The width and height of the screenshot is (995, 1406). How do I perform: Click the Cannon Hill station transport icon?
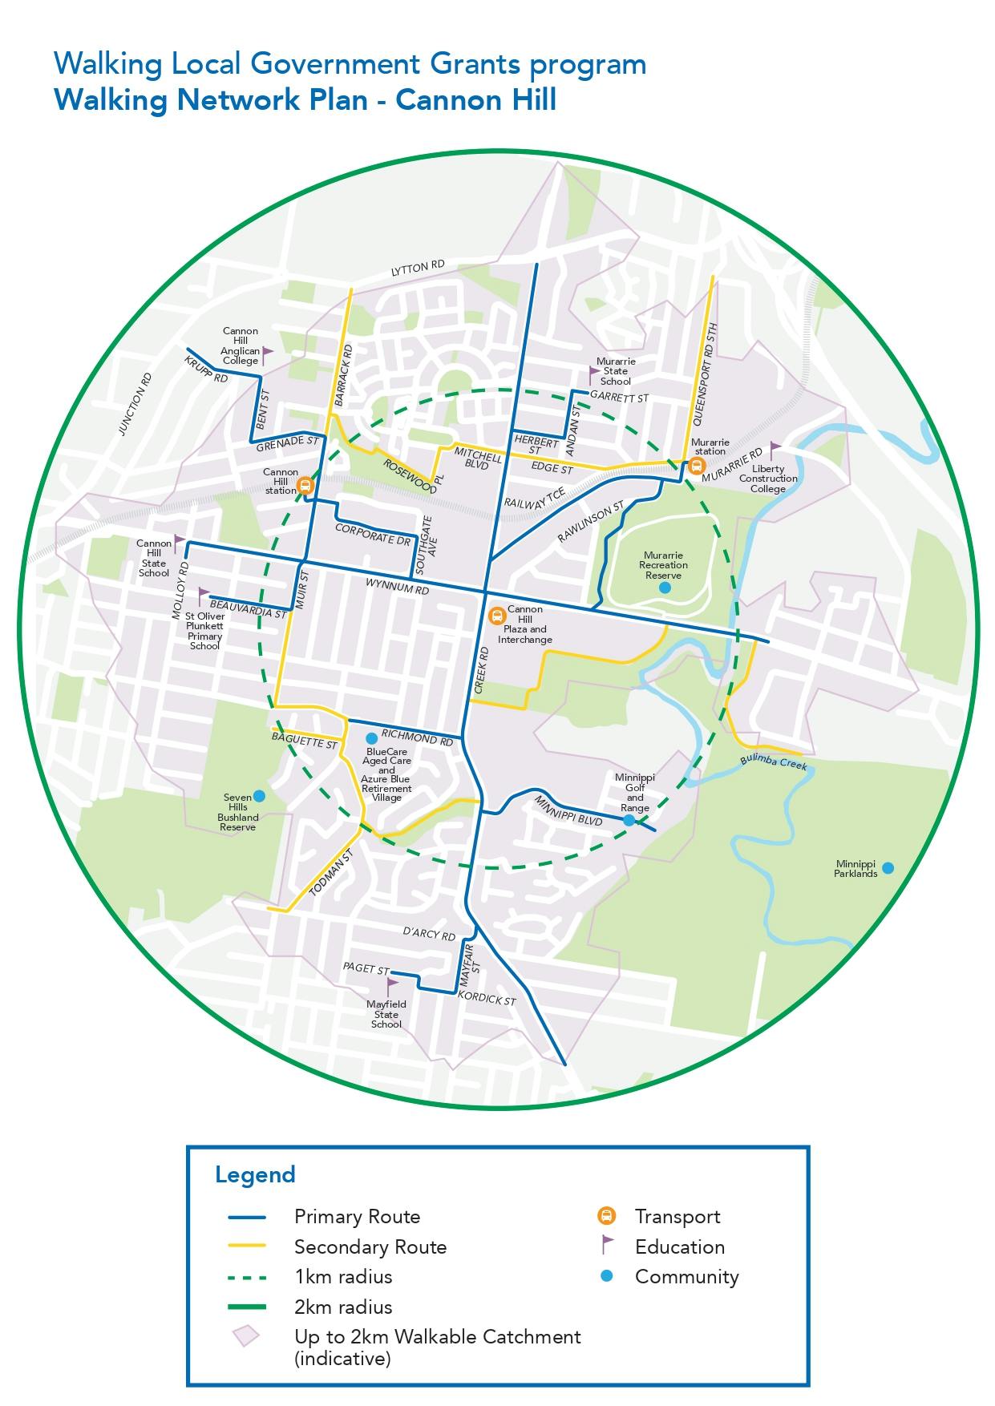pos(305,485)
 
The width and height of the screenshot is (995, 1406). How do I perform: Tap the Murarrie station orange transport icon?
pos(696,465)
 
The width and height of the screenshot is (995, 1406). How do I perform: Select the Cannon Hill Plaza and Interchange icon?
pos(496,616)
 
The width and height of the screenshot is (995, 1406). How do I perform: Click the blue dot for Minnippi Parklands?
pos(888,867)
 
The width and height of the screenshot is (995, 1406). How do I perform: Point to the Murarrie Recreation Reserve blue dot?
pos(664,588)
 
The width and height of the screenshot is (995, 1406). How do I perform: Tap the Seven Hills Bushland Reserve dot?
pos(259,796)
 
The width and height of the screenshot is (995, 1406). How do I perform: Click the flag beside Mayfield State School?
pos(392,985)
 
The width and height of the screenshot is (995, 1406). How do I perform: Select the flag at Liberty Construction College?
pos(775,448)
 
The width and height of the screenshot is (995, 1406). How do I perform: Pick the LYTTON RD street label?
pos(418,269)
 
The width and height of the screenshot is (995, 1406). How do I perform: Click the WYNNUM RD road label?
pos(397,585)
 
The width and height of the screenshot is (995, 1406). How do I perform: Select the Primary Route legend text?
pos(357,1217)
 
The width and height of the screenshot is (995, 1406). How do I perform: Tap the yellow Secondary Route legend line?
pos(246,1246)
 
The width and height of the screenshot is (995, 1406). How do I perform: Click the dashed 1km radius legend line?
pos(246,1277)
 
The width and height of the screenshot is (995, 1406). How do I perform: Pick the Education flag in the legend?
pos(607,1246)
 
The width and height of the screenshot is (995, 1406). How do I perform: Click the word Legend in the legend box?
pos(255,1174)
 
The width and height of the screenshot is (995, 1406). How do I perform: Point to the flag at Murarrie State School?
pos(594,373)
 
